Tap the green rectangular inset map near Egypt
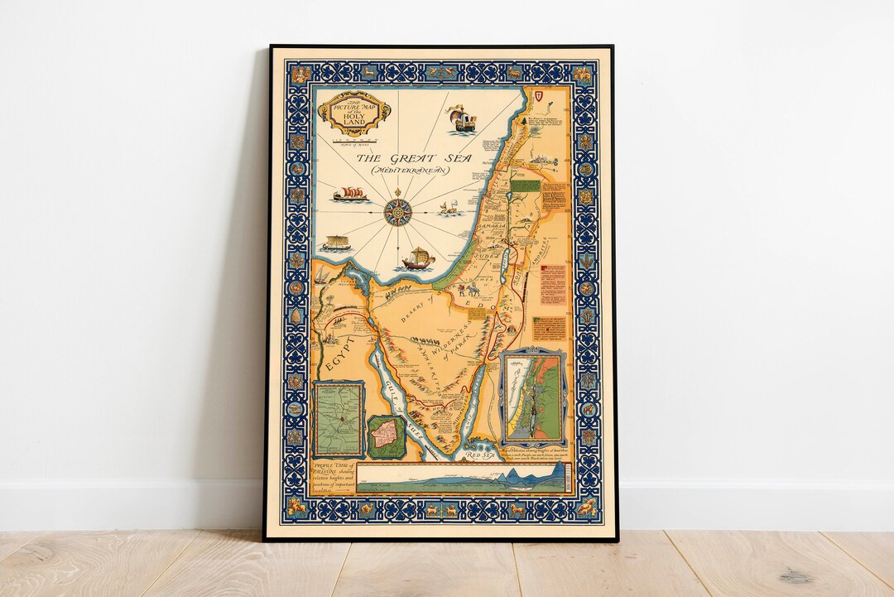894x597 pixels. click(x=339, y=419)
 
